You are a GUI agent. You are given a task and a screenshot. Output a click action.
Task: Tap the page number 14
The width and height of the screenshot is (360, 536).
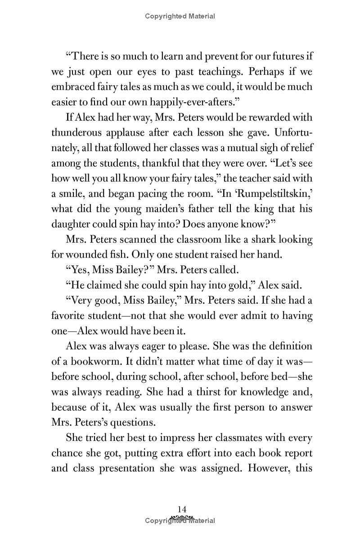point(180,509)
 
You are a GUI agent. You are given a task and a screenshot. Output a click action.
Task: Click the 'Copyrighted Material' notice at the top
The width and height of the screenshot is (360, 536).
point(180,16)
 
